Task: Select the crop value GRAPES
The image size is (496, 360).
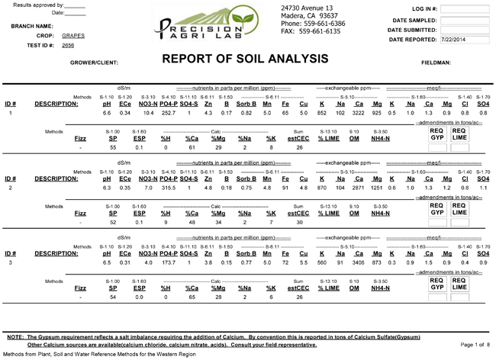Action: coord(73,35)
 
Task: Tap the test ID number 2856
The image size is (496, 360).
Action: coord(69,45)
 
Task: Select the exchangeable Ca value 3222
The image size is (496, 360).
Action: coord(358,113)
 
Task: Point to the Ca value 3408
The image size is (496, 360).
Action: coord(358,262)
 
